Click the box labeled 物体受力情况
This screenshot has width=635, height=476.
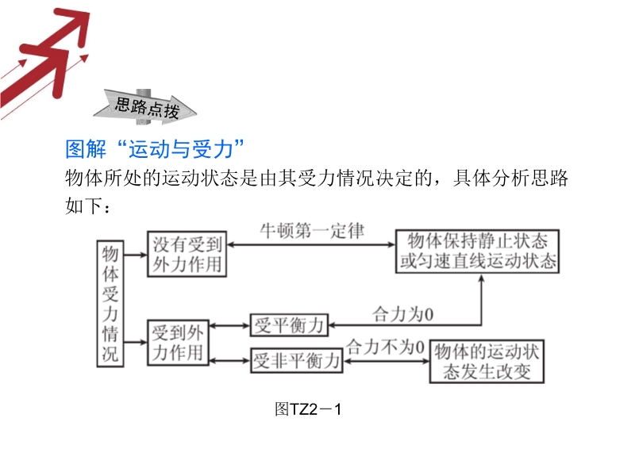(x=111, y=303)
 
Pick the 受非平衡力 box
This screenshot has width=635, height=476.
(x=296, y=362)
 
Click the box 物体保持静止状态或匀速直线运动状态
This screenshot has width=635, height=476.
(x=477, y=251)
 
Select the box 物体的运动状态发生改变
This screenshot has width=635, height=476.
(x=487, y=362)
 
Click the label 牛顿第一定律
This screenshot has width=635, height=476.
(x=313, y=231)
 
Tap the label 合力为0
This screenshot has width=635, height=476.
(x=403, y=314)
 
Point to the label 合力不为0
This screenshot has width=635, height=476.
(x=385, y=347)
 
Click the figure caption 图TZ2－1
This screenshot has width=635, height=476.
(x=307, y=409)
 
